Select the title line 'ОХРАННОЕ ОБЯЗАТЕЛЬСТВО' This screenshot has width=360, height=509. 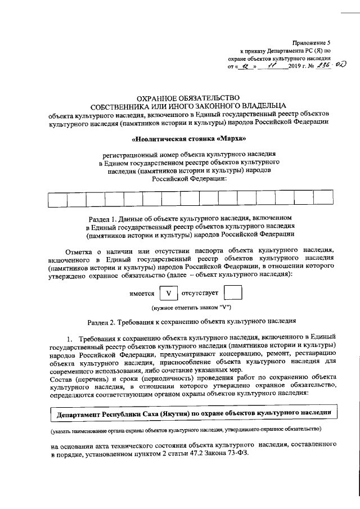pos(184,97)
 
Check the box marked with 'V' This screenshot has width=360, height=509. pos(168,293)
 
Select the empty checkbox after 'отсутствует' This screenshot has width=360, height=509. pos(233,293)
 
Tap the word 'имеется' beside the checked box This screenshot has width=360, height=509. pos(142,294)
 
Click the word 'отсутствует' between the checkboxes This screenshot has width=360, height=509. pos(200,294)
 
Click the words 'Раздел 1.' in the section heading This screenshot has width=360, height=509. pos(105,217)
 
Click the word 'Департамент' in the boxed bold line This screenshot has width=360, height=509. pos(76,415)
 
